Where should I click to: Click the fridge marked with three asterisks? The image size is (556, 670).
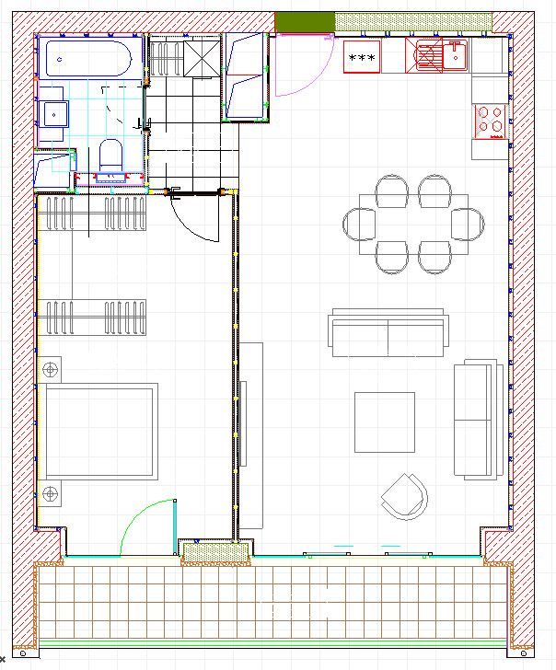coord(361,58)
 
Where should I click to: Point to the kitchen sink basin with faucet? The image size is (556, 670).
coord(456,56)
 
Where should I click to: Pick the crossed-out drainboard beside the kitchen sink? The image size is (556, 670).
coord(428,56)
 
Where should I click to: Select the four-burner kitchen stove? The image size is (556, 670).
coord(490,120)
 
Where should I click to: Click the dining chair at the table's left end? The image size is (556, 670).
coord(359,224)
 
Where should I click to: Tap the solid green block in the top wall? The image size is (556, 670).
coord(304,21)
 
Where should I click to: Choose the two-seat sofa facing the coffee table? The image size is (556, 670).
coord(388,335)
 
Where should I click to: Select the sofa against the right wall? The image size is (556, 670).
coord(479,419)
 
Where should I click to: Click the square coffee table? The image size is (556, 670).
coord(385,422)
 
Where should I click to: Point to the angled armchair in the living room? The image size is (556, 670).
coord(405,497)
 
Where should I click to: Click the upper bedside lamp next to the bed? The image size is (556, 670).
coord(51,370)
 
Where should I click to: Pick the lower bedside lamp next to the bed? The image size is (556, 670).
coord(51,493)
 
